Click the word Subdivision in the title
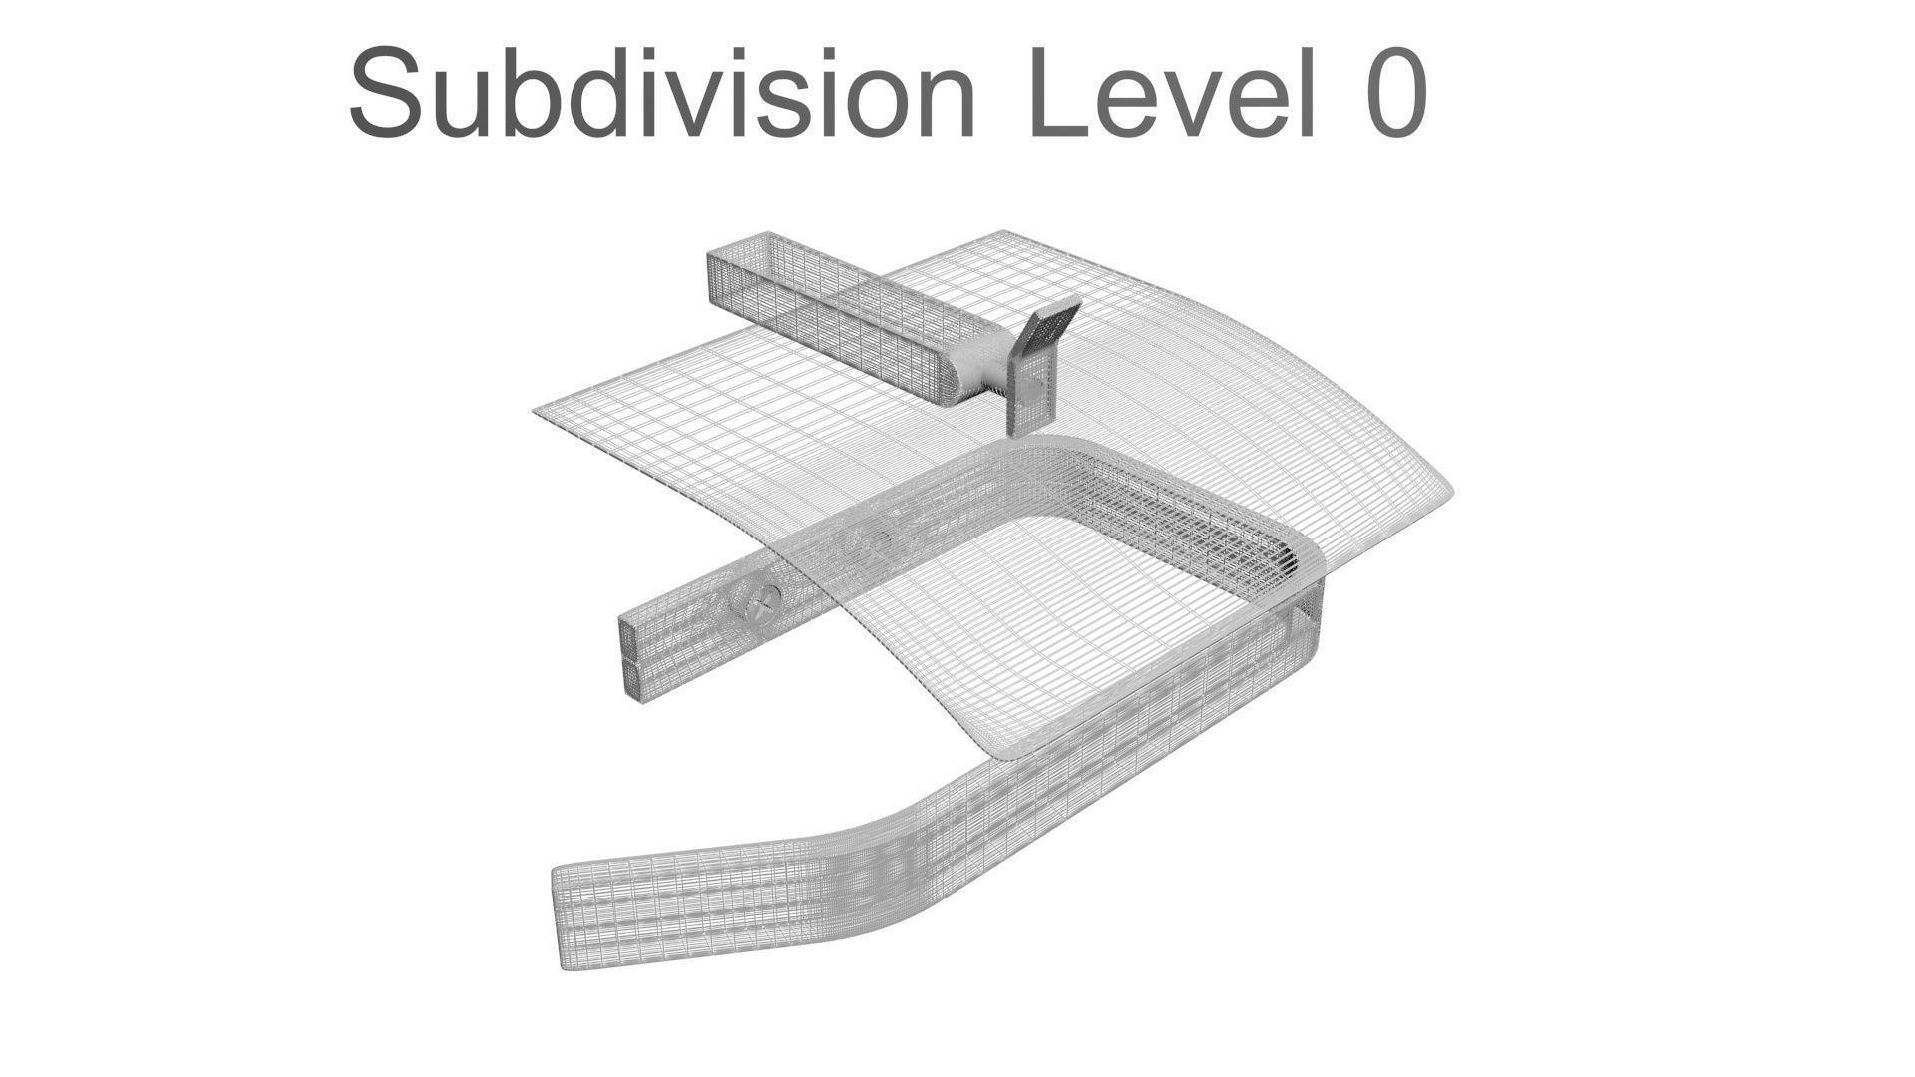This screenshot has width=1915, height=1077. point(661,93)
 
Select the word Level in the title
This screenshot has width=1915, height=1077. point(1170,93)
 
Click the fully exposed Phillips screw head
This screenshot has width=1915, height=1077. point(755,600)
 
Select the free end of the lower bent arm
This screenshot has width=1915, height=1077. point(567,917)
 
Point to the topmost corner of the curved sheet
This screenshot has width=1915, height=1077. point(1000,235)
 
